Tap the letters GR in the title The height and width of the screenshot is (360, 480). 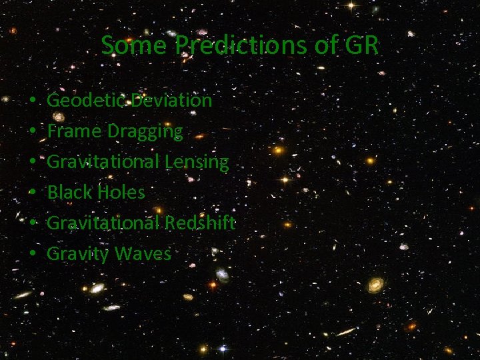pyautogui.click(x=363, y=45)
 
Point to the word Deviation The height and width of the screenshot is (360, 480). pyautogui.click(x=171, y=101)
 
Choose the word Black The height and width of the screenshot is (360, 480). pyautogui.click(x=68, y=193)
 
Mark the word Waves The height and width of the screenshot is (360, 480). pyautogui.click(x=143, y=253)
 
